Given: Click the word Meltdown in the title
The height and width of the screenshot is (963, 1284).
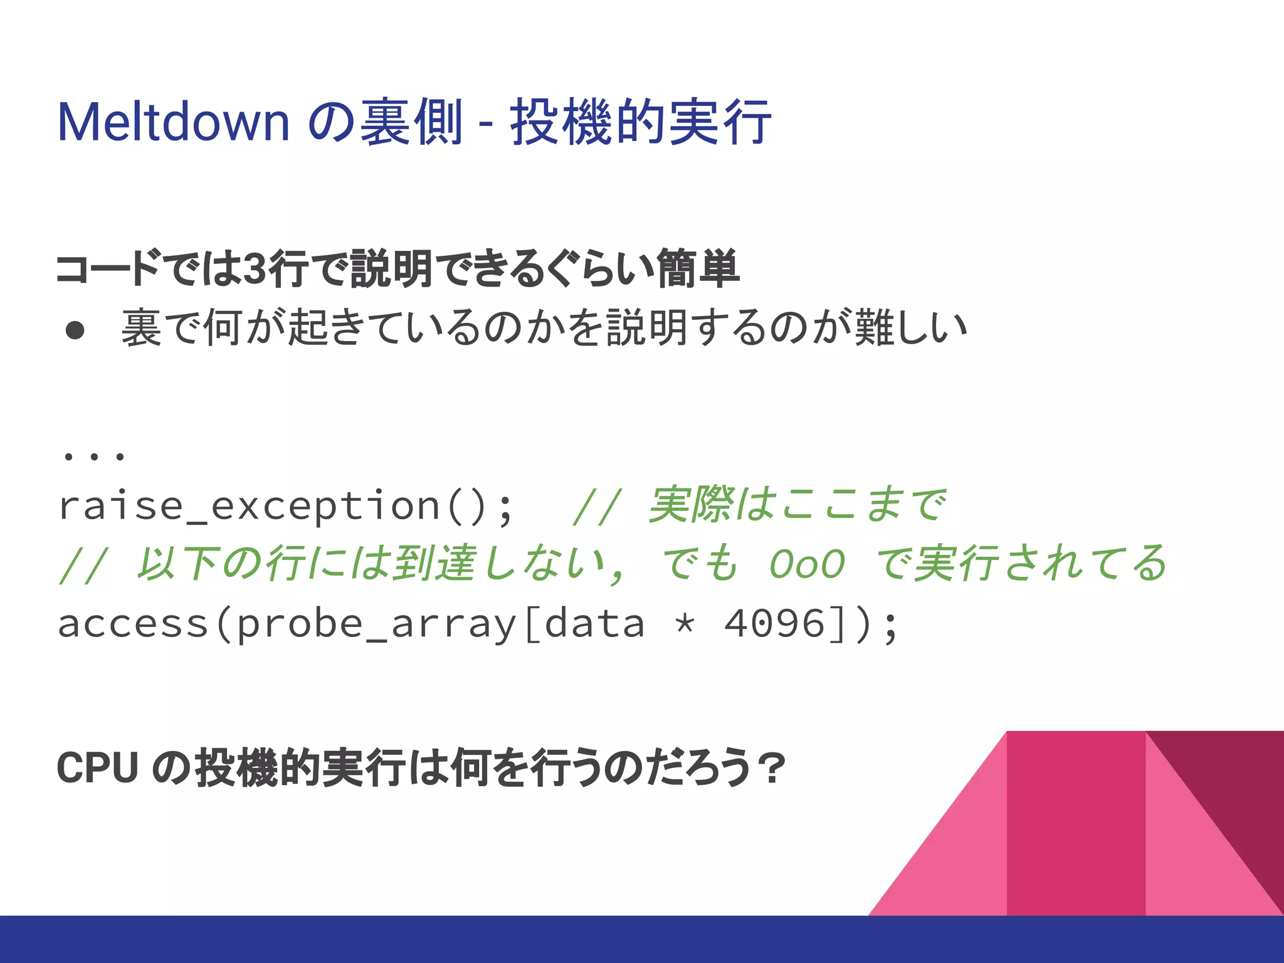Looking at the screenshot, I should tap(173, 122).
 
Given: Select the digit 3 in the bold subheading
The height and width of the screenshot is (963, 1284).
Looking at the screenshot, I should tap(253, 269).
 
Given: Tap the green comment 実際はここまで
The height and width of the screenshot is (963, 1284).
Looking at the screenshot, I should tap(796, 505).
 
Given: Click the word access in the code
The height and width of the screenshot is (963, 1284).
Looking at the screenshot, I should tap(132, 624).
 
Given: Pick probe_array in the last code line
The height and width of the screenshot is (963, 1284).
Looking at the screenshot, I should tap(376, 624).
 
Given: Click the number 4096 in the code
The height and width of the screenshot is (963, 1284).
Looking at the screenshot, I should tap(774, 623).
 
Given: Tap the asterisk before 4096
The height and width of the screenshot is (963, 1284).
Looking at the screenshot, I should tap(685, 624).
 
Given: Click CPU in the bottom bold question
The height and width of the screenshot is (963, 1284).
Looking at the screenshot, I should tap(97, 768).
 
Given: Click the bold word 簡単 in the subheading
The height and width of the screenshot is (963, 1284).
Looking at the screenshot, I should tap(698, 269).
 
